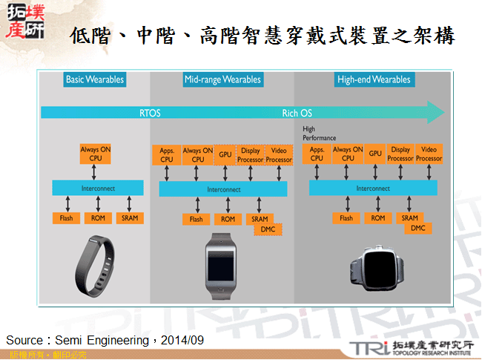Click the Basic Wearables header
pyautogui.click(x=95, y=79)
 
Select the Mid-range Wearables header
pyautogui.click(x=222, y=79)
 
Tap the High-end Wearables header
pyautogui.click(x=373, y=79)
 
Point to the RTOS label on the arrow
pyautogui.click(x=150, y=113)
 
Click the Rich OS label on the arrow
pyautogui.click(x=298, y=113)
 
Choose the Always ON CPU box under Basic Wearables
pyautogui.click(x=95, y=154)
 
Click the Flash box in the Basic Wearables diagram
pyautogui.click(x=66, y=218)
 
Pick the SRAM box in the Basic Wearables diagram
pyautogui.click(x=129, y=218)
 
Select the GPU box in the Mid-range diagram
pyautogui.click(x=225, y=154)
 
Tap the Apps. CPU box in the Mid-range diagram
pyautogui.click(x=166, y=154)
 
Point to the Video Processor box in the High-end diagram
pyautogui.click(x=429, y=154)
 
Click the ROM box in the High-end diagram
pyautogui.click(x=378, y=218)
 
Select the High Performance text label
pyautogui.click(x=319, y=134)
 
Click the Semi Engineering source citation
pyautogui.click(x=104, y=339)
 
